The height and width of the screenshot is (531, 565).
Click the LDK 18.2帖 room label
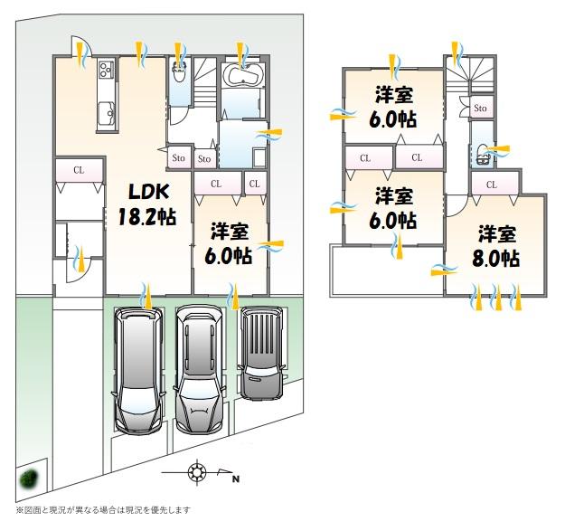click(147, 204)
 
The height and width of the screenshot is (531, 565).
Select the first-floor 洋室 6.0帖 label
click(229, 243)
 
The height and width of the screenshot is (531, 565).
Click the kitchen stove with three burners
click(107, 70)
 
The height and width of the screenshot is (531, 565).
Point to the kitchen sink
click(107, 113)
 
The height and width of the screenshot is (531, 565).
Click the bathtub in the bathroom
click(242, 75)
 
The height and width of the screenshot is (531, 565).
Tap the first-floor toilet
click(179, 72)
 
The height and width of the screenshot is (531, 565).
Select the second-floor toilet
click(482, 155)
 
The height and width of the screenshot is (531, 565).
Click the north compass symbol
click(197, 472)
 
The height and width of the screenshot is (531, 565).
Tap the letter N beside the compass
click(236, 479)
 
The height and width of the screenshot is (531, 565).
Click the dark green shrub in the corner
click(29, 479)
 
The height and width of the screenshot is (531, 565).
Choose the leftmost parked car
click(137, 370)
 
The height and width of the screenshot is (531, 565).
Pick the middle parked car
click(199, 370)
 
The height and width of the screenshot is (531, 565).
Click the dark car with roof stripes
click(261, 354)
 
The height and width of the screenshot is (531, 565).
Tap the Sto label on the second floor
click(480, 108)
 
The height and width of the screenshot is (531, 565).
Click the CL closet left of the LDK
click(80, 170)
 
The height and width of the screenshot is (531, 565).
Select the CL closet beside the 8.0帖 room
click(492, 185)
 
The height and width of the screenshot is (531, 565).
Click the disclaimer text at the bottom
click(103, 509)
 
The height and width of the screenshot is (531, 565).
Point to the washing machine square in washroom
click(259, 157)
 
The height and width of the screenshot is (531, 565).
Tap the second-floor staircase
click(469, 75)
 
